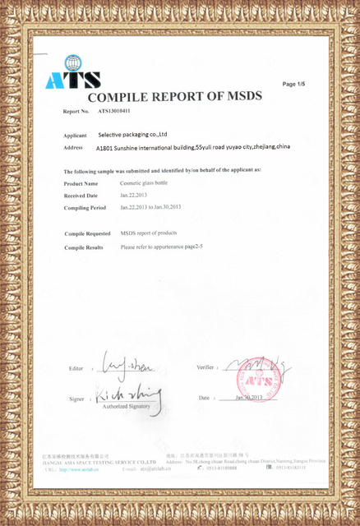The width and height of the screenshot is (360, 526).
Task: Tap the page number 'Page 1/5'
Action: [x=293, y=84]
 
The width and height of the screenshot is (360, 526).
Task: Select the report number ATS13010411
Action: [x=114, y=110]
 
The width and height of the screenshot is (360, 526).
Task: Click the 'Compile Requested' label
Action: [x=87, y=233]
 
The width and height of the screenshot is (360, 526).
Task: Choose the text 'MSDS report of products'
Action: [x=149, y=233]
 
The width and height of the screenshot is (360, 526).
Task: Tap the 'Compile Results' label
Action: [x=84, y=247]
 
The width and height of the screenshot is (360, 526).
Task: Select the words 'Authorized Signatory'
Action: [x=126, y=407]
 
